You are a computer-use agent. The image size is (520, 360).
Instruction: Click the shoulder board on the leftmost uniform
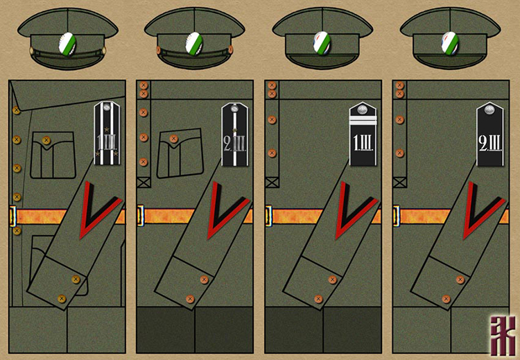click(x=107, y=133)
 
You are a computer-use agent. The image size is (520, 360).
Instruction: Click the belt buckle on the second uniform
click(x=141, y=215)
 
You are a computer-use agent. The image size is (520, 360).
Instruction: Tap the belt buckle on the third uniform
click(x=268, y=215)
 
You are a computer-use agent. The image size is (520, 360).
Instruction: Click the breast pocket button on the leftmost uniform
click(x=46, y=140)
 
